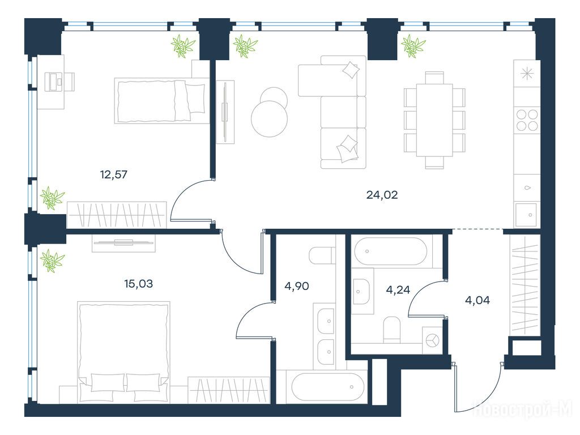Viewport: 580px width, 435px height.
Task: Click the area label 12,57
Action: click(113, 174)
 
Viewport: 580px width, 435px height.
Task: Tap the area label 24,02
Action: click(382, 195)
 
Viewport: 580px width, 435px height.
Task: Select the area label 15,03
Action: click(138, 284)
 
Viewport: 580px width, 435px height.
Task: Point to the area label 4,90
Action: click(297, 286)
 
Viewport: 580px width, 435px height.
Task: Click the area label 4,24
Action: click(398, 289)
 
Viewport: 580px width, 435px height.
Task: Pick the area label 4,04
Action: click(477, 300)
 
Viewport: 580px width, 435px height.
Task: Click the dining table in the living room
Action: click(434, 120)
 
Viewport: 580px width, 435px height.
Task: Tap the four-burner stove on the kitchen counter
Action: click(527, 120)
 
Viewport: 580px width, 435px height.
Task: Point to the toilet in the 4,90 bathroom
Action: click(322, 255)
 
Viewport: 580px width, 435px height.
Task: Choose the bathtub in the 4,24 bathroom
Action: click(390, 251)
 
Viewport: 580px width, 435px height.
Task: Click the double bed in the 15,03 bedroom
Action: click(123, 352)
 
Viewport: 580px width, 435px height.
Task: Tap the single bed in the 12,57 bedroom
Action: click(161, 101)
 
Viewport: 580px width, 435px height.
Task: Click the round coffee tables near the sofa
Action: click(270, 112)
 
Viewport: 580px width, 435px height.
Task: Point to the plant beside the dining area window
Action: click(413, 46)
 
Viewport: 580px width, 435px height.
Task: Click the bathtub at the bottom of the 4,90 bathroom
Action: click(327, 387)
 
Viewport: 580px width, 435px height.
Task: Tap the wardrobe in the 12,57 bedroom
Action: click(117, 215)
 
